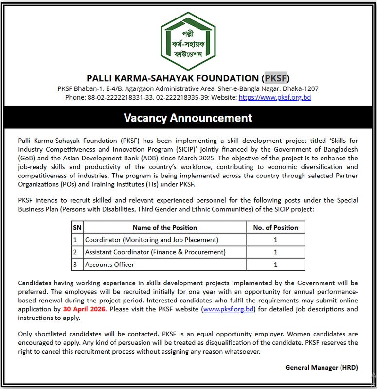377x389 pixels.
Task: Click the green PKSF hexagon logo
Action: pos(188,41)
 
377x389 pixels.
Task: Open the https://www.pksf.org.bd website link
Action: pos(275,97)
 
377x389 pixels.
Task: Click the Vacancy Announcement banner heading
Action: pos(188,118)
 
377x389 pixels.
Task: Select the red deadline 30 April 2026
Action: pos(84,309)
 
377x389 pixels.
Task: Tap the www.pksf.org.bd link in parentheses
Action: pos(228,309)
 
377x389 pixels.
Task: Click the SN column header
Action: pos(77,227)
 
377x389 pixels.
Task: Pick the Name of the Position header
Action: pos(165,227)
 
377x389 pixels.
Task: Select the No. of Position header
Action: pos(275,227)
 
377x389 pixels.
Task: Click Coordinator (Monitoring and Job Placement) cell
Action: pos(151,240)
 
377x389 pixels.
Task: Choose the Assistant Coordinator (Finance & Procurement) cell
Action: pos(155,252)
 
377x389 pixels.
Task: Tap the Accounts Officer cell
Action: pos(109,265)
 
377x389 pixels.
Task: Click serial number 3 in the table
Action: pos(75,265)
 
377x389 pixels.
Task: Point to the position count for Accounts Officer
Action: pos(275,265)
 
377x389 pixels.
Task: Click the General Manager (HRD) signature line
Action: pos(322,368)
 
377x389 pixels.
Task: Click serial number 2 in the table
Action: pos(75,252)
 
